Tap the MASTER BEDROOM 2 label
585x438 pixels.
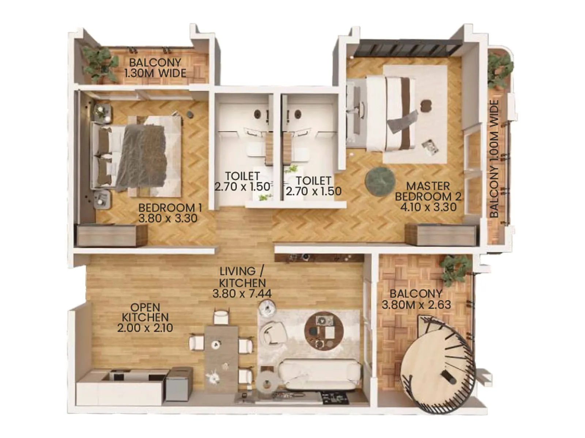pyautogui.click(x=428, y=191)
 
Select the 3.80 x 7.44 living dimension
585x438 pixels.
pyautogui.click(x=242, y=293)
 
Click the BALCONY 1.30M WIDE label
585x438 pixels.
pyautogui.click(x=155, y=68)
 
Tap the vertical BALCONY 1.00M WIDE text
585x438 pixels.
pyautogui.click(x=494, y=159)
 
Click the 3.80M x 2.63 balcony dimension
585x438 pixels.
pyautogui.click(x=416, y=305)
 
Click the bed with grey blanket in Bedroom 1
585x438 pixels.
pyautogui.click(x=141, y=157)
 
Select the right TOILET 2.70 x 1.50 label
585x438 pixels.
pyautogui.click(x=313, y=186)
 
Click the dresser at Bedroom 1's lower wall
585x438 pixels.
pyautogui.click(x=112, y=235)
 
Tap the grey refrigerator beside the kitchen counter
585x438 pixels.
pyautogui.click(x=179, y=383)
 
